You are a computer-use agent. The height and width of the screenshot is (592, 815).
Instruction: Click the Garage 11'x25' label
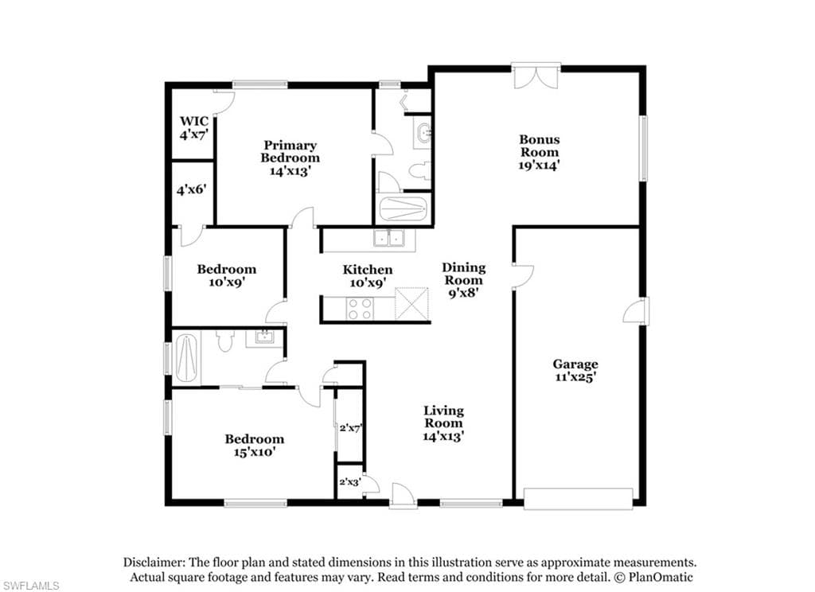[575, 371]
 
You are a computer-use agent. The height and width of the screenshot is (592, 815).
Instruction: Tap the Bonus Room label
[540, 152]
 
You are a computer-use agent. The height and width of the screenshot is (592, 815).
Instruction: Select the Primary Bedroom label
[290, 158]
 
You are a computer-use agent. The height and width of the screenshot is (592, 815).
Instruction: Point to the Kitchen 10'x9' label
[368, 276]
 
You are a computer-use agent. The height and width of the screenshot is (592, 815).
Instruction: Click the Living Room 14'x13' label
[443, 423]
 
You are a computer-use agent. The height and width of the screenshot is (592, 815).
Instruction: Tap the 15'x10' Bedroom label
[254, 446]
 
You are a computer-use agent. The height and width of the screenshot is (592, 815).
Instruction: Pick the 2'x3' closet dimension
[350, 482]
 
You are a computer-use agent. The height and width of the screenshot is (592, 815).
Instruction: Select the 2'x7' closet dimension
[350, 428]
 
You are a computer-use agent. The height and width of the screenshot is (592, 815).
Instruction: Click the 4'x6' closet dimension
[192, 189]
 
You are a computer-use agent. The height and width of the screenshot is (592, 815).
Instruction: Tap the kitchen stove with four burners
[360, 308]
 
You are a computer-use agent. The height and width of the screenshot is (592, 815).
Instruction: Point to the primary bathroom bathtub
[404, 208]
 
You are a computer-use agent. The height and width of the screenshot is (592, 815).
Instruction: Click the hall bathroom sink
[264, 338]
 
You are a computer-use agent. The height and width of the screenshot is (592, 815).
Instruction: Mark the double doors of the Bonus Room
[536, 76]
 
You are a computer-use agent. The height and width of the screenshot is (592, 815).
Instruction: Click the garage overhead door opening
[578, 498]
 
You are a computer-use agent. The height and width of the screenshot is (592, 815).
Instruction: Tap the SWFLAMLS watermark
[30, 586]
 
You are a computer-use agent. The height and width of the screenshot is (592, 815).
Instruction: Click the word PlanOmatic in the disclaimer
[661, 577]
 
